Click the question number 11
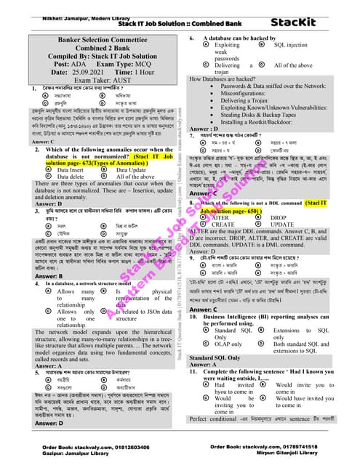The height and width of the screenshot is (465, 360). click(193, 372)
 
